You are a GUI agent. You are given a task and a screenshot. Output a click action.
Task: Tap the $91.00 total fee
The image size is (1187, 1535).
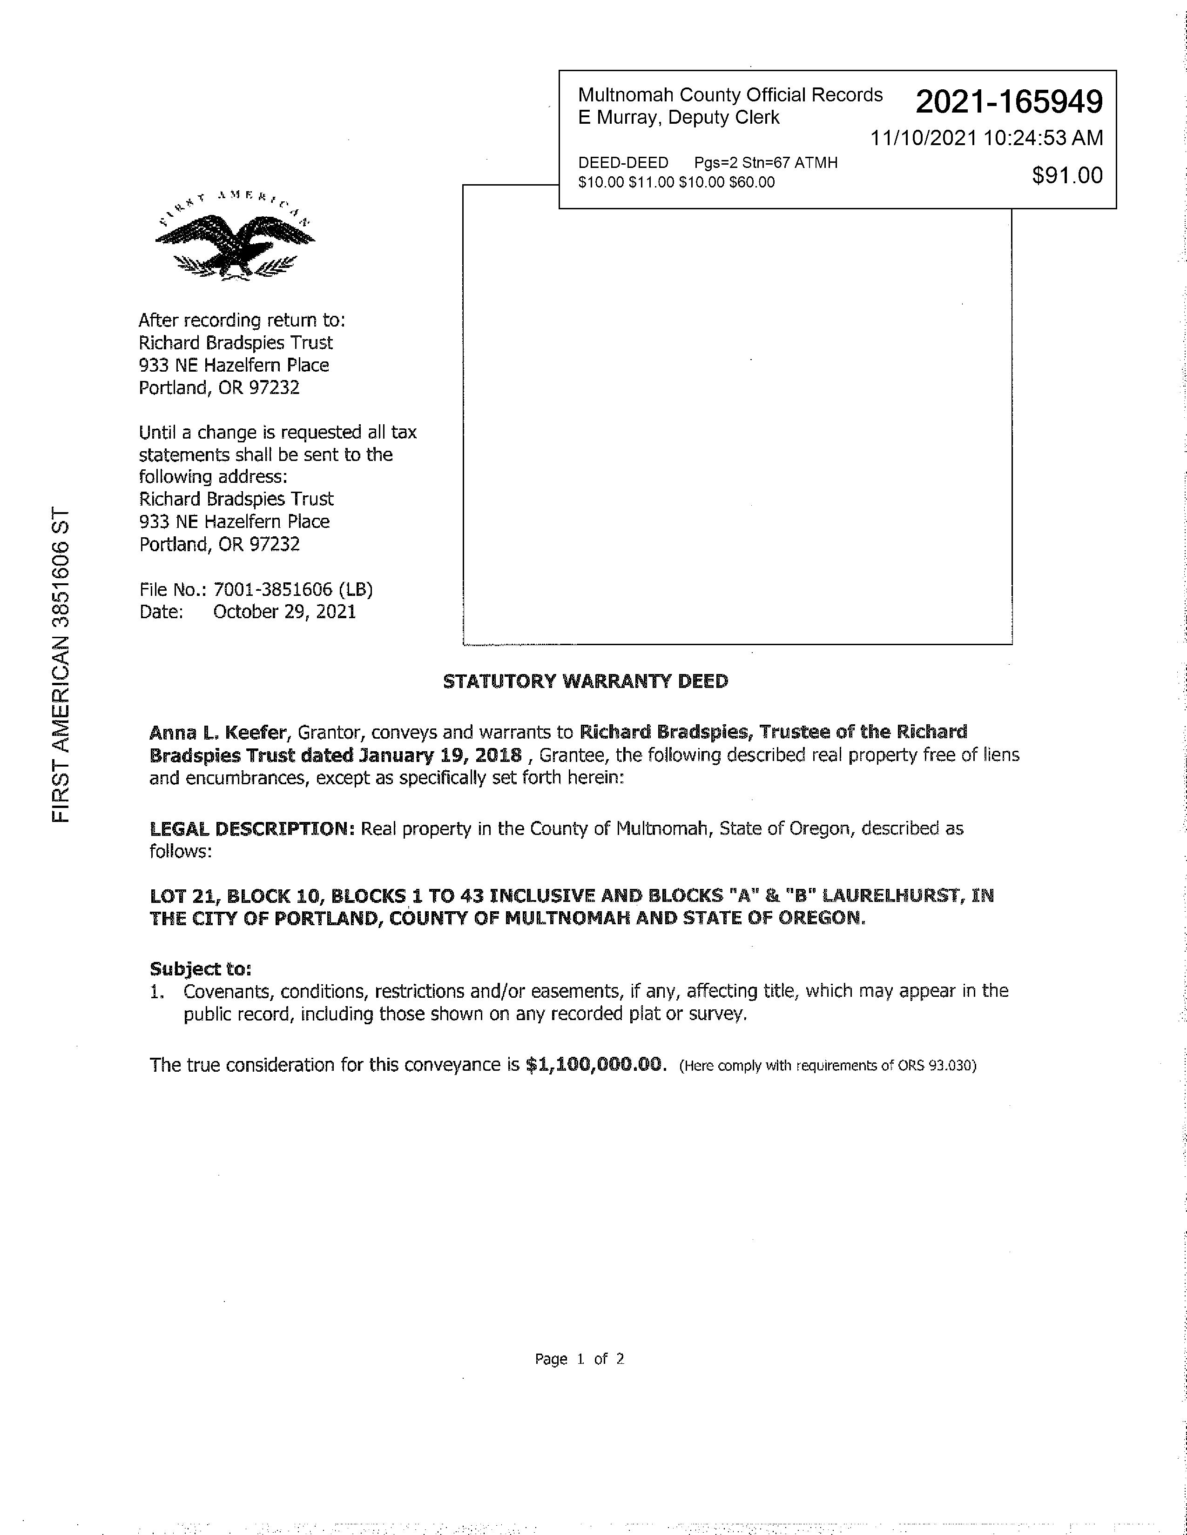pyautogui.click(x=1067, y=175)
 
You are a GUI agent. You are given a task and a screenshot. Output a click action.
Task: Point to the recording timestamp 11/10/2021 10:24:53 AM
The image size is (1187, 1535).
pyautogui.click(x=986, y=138)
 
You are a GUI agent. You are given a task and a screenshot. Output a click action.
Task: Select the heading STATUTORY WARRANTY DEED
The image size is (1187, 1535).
pyautogui.click(x=585, y=681)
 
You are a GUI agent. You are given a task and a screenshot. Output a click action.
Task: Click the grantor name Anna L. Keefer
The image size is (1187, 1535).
pyautogui.click(x=217, y=732)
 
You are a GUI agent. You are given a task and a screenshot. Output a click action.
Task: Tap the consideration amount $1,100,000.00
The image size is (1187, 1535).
pyautogui.click(x=595, y=1064)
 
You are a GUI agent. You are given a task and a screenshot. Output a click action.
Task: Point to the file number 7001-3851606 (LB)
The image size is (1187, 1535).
pyautogui.click(x=292, y=589)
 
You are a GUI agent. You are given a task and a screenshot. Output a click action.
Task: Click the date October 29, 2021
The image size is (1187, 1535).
pyautogui.click(x=284, y=612)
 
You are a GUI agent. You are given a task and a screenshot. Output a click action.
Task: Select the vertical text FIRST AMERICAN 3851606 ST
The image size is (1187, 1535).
pyautogui.click(x=62, y=664)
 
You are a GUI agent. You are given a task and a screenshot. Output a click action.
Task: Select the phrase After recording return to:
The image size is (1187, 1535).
pyautogui.click(x=241, y=320)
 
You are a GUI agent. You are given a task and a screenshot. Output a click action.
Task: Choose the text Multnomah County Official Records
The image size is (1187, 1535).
pyautogui.click(x=730, y=95)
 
